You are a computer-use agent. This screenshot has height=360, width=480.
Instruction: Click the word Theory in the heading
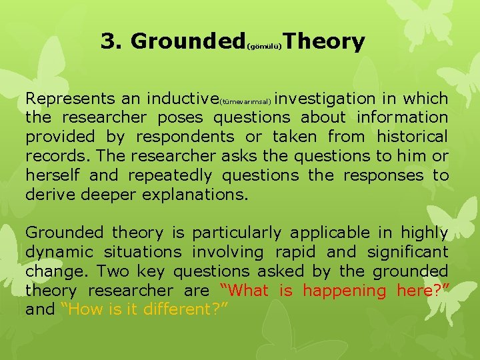point(327,41)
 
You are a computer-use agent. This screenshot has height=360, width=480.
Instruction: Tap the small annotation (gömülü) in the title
point(266,47)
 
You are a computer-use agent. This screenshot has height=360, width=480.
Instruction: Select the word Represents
point(70,99)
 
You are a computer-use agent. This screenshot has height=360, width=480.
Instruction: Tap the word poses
point(182,118)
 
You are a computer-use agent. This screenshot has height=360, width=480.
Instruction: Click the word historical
point(412,137)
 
